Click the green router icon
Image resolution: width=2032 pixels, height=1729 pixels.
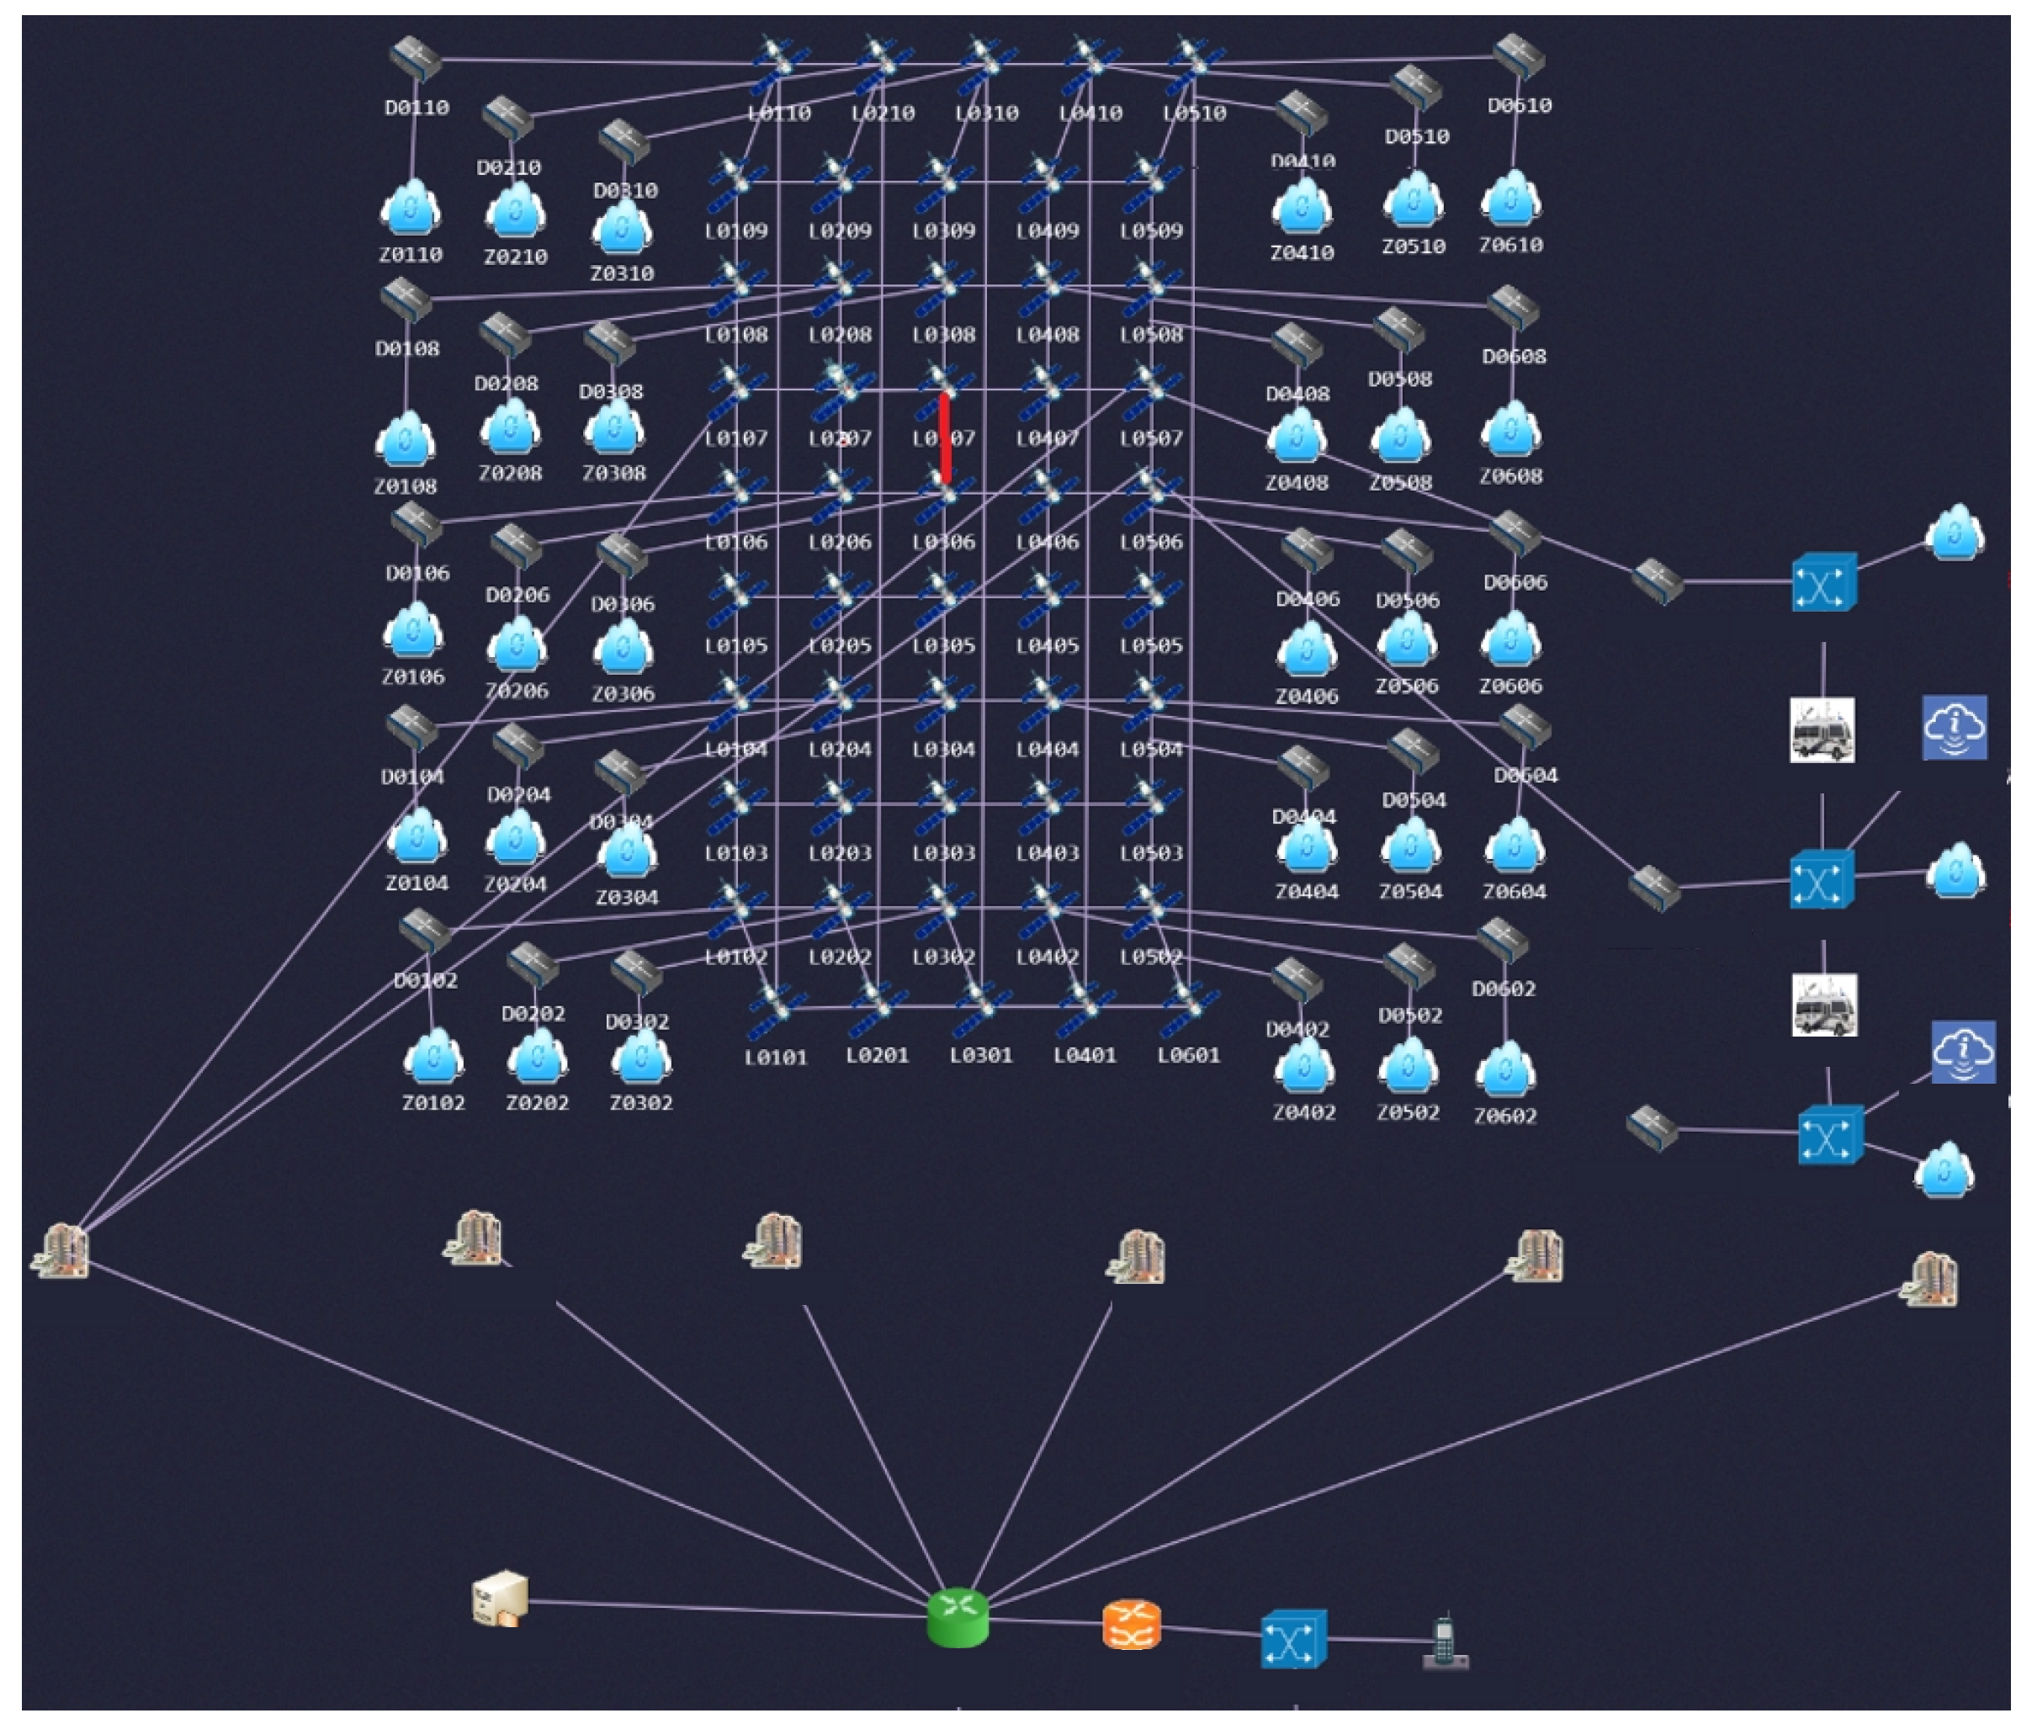coord(957,1617)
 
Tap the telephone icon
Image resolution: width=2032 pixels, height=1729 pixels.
coord(1444,1641)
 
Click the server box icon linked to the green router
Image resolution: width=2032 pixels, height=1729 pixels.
coord(500,1599)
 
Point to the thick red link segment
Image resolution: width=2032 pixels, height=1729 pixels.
coord(945,438)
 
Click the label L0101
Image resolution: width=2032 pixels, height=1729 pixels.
coord(775,1058)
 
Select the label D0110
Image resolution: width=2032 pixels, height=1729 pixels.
coord(416,108)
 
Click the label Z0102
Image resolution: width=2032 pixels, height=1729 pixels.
coord(433,1103)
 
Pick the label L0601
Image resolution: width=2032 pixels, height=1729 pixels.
coord(1188,1056)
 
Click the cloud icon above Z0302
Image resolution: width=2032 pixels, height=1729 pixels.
coord(640,1058)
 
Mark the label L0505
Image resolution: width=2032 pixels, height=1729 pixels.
coord(1151,646)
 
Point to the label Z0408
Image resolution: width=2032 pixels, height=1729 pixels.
coord(1296,483)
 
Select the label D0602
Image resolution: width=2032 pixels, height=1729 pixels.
coord(1503,989)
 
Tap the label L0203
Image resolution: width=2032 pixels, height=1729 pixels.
coord(840,854)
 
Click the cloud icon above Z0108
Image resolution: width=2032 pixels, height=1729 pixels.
coord(405,440)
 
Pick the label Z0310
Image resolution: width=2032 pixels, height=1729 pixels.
coord(622,273)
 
